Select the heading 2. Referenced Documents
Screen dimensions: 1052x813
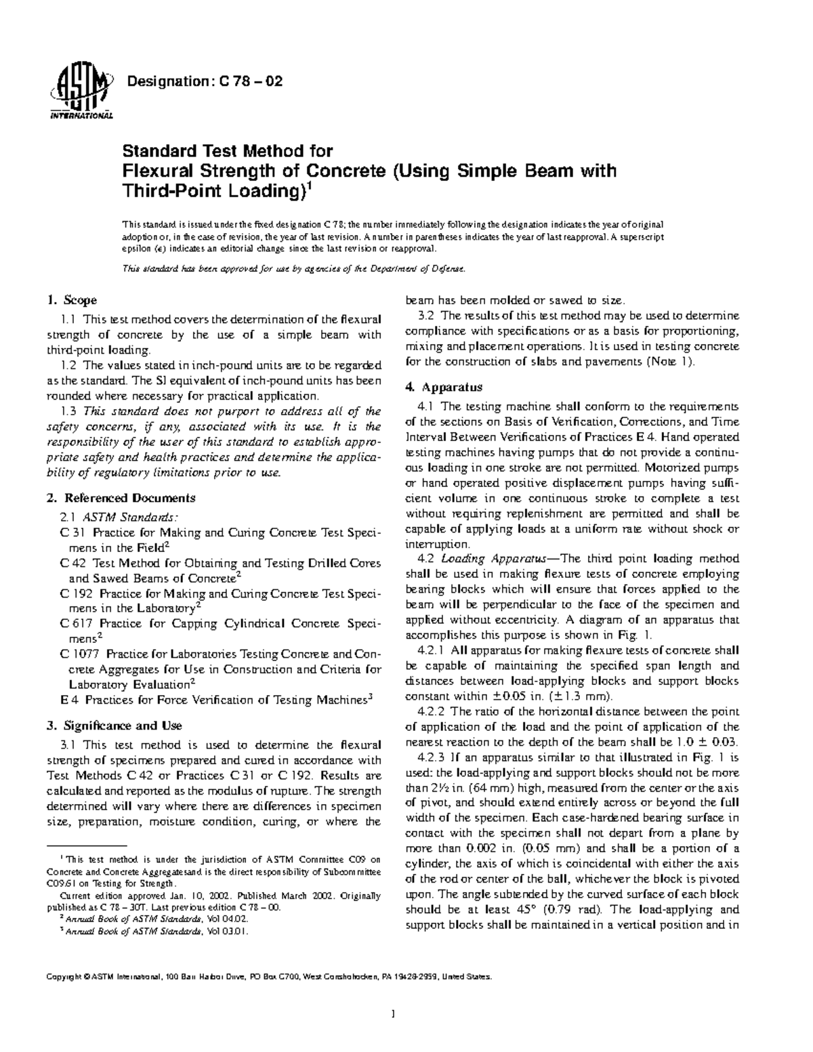(121, 498)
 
